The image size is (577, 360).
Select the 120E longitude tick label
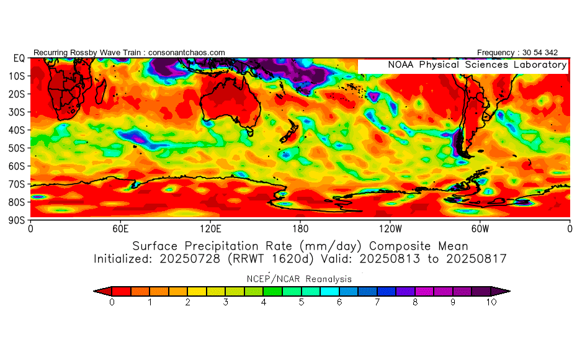tap(210, 228)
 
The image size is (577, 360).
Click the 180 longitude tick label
tap(300, 228)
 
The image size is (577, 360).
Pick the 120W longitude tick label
tap(390, 228)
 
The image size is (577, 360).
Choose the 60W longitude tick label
tap(480, 228)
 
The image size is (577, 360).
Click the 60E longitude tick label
tap(120, 228)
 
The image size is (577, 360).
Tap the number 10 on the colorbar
tap(491, 302)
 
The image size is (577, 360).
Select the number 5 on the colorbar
tap(302, 302)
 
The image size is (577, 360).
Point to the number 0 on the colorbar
tap(112, 302)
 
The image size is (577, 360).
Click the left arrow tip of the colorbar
tap(95, 290)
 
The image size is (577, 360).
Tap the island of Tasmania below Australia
tap(251, 131)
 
